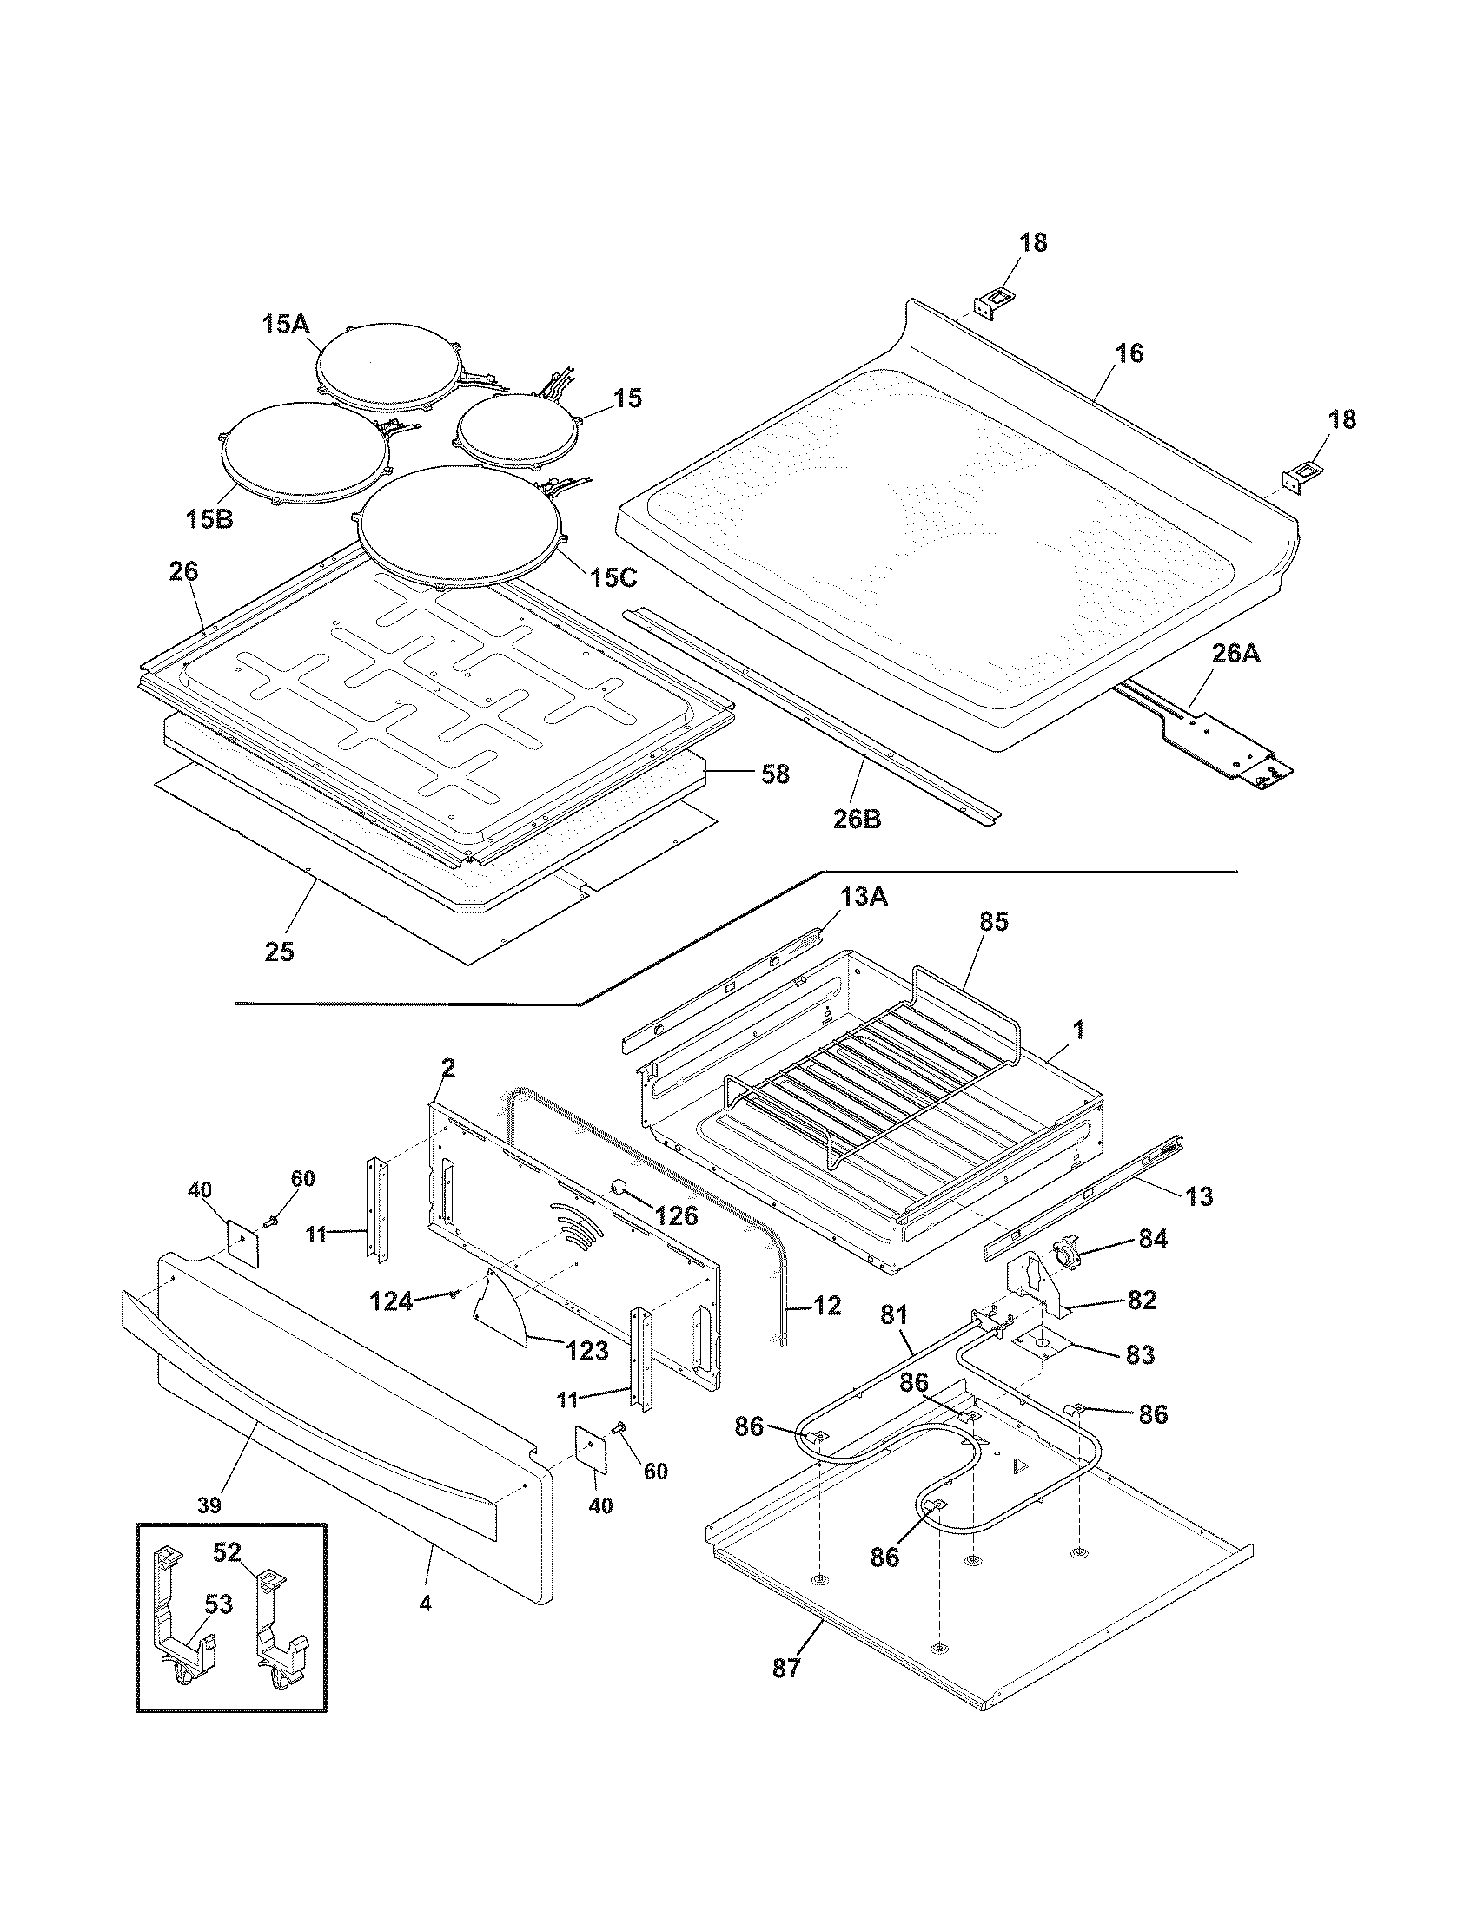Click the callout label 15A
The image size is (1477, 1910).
point(286,325)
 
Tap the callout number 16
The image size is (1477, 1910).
point(1129,353)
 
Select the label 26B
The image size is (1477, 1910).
point(857,820)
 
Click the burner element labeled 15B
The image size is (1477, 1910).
point(303,454)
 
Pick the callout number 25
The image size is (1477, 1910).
point(280,952)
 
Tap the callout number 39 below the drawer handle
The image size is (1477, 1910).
point(209,1505)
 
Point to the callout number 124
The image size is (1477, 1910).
point(391,1302)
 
